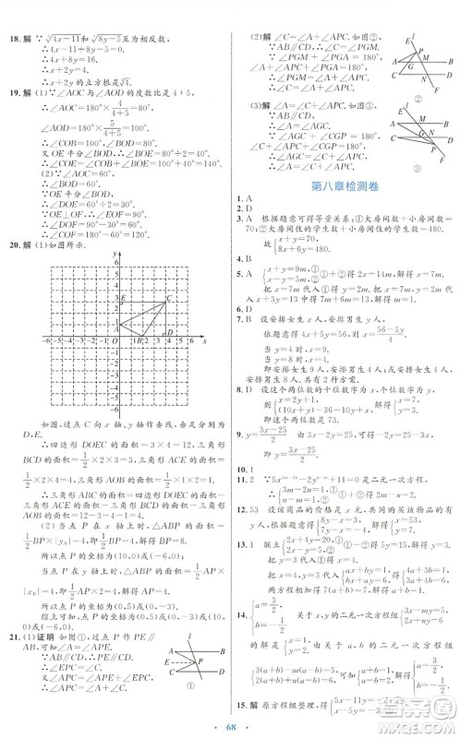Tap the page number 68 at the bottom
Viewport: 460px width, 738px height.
click(x=229, y=722)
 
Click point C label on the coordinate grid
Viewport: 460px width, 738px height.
click(x=168, y=297)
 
